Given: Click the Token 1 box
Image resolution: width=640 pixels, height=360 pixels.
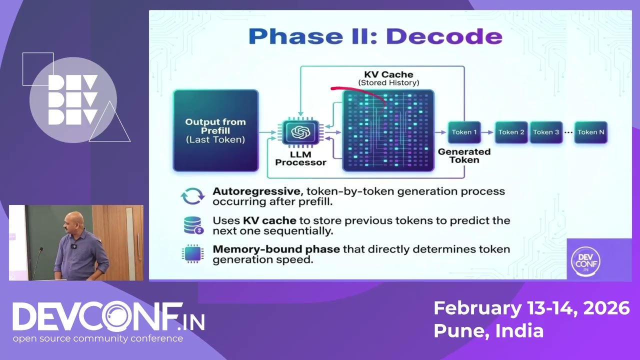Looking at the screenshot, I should (464, 132).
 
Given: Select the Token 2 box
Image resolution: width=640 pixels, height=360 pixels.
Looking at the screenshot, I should (511, 132).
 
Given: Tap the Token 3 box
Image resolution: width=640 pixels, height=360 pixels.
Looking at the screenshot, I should (546, 132).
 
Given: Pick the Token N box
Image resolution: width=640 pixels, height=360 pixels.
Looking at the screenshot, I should (590, 132).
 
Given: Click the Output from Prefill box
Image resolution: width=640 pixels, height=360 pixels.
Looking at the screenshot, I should (215, 130).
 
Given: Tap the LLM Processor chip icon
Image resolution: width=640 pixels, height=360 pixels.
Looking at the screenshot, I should (300, 132).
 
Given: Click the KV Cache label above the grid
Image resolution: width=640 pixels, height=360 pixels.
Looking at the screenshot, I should (388, 74).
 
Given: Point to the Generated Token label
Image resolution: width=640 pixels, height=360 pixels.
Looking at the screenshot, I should (464, 155).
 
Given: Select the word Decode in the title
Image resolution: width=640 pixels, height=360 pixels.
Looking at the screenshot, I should (444, 36).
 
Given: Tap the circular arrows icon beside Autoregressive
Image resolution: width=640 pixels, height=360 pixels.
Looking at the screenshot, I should (192, 196).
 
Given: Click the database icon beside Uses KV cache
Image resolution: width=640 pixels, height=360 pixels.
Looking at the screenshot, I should (193, 225).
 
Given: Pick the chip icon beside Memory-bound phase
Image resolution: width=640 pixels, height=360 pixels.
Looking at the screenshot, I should (192, 254).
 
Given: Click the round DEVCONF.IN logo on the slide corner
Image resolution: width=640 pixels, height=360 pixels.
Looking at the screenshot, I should (585, 260).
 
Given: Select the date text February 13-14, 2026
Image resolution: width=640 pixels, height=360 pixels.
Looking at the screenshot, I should (531, 308).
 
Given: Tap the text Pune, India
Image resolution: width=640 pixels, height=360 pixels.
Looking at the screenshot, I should (488, 330).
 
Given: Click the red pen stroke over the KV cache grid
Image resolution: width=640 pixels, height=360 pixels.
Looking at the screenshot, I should (357, 92).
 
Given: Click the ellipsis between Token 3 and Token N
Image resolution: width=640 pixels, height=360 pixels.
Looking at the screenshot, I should (568, 132).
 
